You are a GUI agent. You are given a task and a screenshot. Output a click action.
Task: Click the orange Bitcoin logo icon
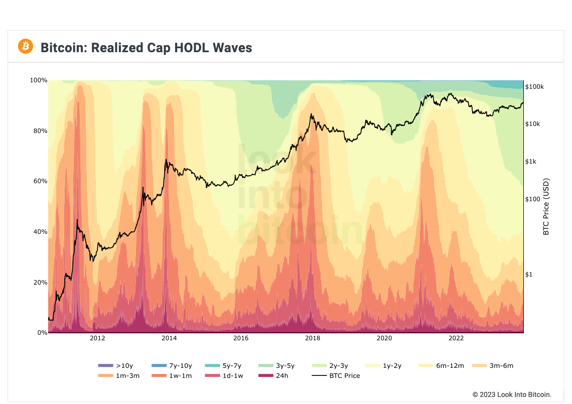point(26,47)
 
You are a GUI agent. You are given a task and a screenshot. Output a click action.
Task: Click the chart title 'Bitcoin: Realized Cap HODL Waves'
point(146,48)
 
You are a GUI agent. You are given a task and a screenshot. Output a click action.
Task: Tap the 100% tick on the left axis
point(39,80)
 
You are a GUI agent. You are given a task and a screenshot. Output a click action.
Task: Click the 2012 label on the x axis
point(97,338)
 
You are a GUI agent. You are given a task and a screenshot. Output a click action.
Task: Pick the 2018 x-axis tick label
point(313,338)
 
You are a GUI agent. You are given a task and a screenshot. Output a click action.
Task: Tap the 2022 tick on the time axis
point(456,338)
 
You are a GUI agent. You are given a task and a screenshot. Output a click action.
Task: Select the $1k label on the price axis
point(531,162)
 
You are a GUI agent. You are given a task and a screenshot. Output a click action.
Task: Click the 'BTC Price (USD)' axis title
point(546,207)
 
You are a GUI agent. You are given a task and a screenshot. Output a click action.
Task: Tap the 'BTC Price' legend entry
point(336,375)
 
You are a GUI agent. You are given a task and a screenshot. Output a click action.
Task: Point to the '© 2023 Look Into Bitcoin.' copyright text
point(512,394)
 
